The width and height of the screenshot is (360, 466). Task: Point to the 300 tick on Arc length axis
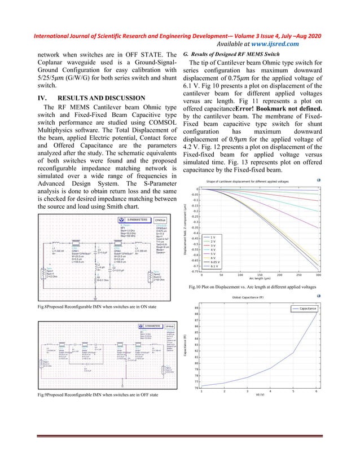(x=318, y=276)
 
